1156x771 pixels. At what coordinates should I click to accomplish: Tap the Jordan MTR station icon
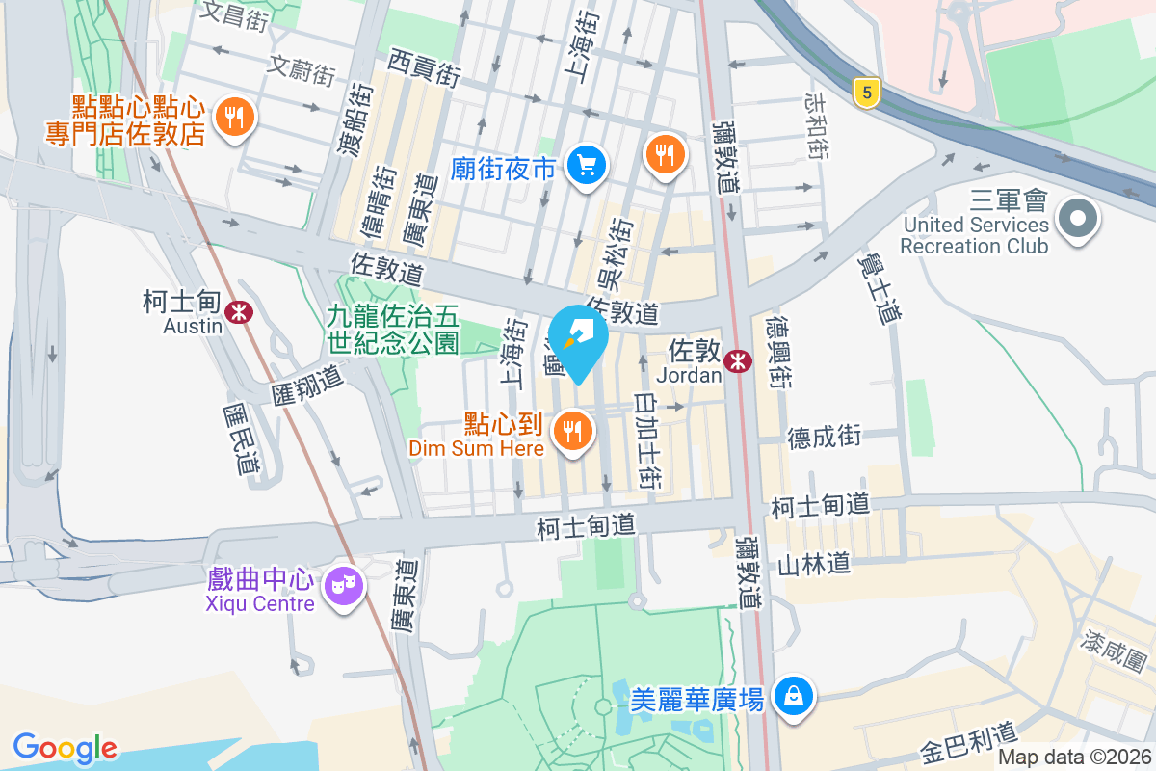739,360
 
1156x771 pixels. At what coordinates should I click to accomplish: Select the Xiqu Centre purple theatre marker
342,583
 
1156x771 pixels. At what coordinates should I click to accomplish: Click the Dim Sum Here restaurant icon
574,430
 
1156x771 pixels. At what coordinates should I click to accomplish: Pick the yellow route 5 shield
867,93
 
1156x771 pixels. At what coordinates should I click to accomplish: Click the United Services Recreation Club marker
1077,220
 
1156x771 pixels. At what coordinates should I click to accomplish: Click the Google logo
66,748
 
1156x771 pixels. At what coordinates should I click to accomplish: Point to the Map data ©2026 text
1073,758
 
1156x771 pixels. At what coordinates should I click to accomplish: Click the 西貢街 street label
425,67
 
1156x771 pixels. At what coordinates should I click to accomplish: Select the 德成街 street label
825,437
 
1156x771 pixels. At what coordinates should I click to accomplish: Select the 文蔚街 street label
302,68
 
